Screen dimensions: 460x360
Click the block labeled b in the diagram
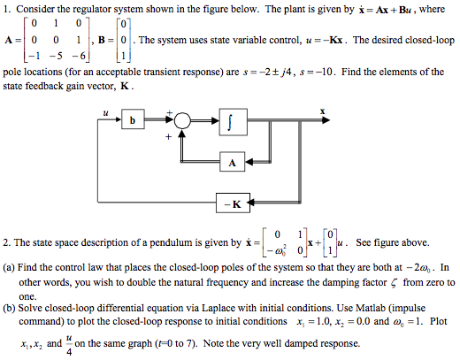(134, 120)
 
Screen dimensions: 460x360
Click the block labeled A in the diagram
(233, 163)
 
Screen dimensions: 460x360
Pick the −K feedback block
(233, 205)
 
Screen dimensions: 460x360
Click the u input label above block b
(105, 112)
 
